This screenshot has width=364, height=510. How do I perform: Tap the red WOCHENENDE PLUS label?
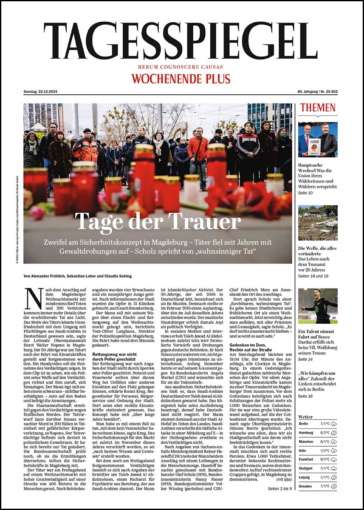181,79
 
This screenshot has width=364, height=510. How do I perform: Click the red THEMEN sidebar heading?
318,108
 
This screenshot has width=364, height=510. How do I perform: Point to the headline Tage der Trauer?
158,222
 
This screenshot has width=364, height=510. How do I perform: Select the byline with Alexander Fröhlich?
78,276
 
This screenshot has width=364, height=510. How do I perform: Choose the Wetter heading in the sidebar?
305,416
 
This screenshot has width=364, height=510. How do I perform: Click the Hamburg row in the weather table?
318,432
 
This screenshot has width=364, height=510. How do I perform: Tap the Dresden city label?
305,486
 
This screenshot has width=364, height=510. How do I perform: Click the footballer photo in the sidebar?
318,305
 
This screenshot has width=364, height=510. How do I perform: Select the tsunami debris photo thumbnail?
318,223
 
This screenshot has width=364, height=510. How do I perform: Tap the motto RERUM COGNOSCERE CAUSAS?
181,67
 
